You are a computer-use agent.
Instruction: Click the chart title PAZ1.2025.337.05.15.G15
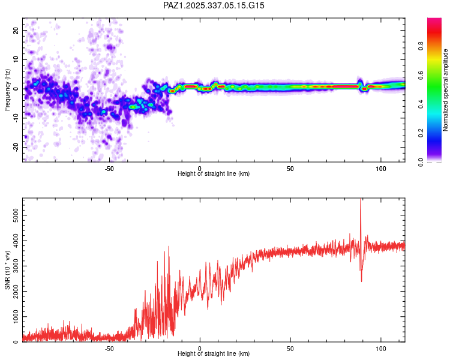tap(214, 5)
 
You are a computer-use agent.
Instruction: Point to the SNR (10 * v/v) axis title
tap(7, 270)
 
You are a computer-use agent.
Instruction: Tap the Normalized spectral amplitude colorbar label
tap(445, 90)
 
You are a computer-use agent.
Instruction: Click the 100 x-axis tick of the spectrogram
tap(380, 169)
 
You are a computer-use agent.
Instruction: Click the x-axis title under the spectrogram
tap(214, 174)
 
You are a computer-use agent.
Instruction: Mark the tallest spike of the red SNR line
tap(361, 200)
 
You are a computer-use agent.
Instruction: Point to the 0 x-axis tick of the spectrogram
tap(200, 169)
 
